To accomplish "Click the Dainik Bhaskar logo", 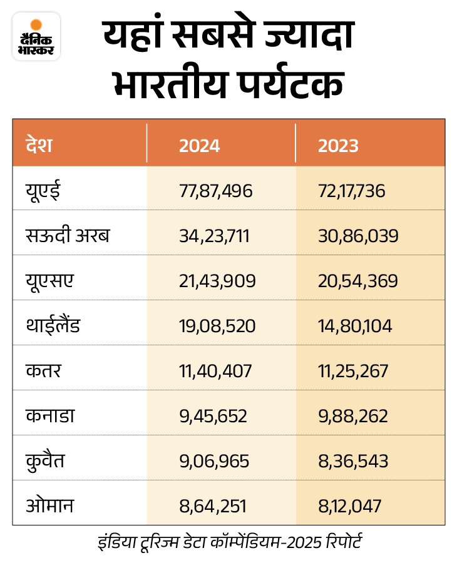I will click(x=36, y=37).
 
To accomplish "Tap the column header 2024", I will click(x=200, y=146).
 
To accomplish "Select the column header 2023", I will click(x=338, y=146).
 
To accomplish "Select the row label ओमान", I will click(x=50, y=505).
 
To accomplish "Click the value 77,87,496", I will click(x=216, y=191).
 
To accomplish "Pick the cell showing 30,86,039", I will click(x=357, y=236).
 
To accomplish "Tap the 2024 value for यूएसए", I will click(x=217, y=281).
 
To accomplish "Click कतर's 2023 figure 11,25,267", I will click(x=353, y=371).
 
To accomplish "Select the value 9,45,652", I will click(x=213, y=416).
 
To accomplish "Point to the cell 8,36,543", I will click(x=353, y=461).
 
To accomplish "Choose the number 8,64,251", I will click(x=213, y=506).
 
